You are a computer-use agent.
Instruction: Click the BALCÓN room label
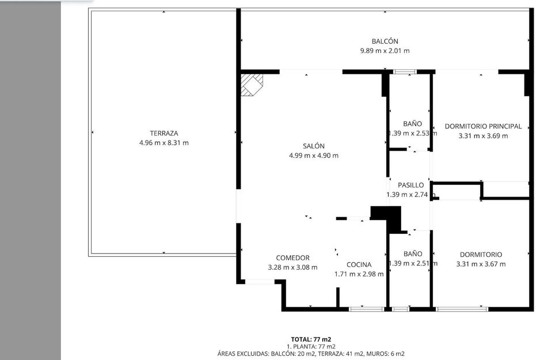tap(385, 41)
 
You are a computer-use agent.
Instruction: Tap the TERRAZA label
tap(163, 133)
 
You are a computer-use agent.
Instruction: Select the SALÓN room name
tap(313, 146)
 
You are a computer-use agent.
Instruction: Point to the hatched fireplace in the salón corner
tap(252, 84)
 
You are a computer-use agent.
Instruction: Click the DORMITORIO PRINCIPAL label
tap(483, 126)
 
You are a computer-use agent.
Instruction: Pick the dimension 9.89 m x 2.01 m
tap(385, 51)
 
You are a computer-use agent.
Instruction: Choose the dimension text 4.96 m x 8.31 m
tap(163, 143)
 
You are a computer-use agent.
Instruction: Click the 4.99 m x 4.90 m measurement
tap(313, 156)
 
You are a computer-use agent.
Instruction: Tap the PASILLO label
tap(410, 185)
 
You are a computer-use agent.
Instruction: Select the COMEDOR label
tap(292, 258)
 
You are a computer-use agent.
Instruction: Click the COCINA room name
tap(359, 264)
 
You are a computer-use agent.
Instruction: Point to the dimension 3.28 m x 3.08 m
tap(292, 267)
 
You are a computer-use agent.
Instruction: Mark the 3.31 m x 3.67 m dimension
tap(481, 264)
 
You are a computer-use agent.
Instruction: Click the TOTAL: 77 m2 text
tap(311, 339)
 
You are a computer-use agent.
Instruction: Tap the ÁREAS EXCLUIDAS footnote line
tap(311, 354)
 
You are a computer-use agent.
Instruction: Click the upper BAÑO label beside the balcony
tap(412, 124)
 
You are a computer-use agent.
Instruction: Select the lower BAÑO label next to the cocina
tap(412, 253)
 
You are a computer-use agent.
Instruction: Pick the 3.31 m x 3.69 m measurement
tap(483, 136)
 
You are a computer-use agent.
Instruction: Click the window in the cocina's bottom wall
tap(366, 309)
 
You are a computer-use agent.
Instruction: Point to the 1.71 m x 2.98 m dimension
tap(359, 274)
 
